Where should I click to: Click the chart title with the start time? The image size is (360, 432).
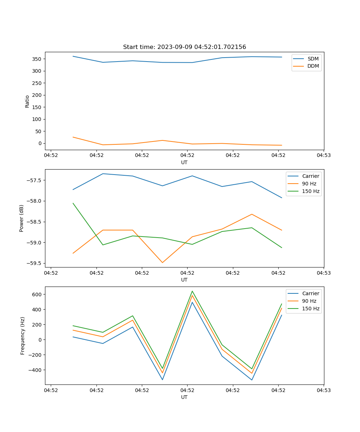tap(184, 47)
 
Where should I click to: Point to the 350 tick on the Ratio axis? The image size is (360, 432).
tap(37, 59)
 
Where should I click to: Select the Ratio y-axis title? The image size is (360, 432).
tap(27, 101)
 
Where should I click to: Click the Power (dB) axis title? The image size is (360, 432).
tap(22, 218)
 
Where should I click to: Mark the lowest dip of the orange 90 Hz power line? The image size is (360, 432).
tap(162, 262)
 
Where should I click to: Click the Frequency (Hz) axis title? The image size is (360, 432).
tap(23, 336)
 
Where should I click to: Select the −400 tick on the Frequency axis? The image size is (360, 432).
tap(35, 370)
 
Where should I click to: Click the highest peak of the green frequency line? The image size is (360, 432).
tap(192, 291)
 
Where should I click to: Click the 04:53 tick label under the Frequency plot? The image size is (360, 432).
tap(324, 390)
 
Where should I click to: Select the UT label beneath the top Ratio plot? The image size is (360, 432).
tap(184, 162)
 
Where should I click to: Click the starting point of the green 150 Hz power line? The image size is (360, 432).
tap(73, 203)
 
